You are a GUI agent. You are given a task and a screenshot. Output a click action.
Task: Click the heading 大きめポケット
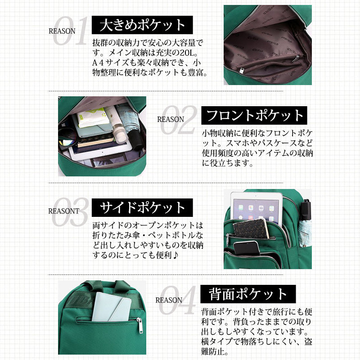click(x=142, y=25)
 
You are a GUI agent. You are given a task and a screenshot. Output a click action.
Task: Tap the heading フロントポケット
click(x=254, y=115)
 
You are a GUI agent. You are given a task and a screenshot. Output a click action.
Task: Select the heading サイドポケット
click(x=142, y=207)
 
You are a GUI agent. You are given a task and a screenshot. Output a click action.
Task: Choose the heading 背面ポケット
click(x=248, y=294)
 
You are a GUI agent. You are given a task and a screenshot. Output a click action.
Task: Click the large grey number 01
click(x=70, y=31)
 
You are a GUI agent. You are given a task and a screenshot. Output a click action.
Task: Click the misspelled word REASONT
click(x=63, y=211)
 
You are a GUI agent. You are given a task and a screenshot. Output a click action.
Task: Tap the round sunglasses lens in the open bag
click(x=67, y=137)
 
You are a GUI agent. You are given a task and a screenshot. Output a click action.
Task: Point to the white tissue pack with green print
click(x=92, y=117)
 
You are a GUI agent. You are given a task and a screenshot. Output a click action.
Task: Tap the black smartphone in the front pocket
click(x=246, y=248)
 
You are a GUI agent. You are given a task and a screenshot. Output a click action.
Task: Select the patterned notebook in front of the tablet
click(x=251, y=229)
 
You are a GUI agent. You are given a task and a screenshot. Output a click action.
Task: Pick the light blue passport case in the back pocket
click(x=111, y=307)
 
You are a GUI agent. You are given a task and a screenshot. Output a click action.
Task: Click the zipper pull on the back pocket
click(x=139, y=325)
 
